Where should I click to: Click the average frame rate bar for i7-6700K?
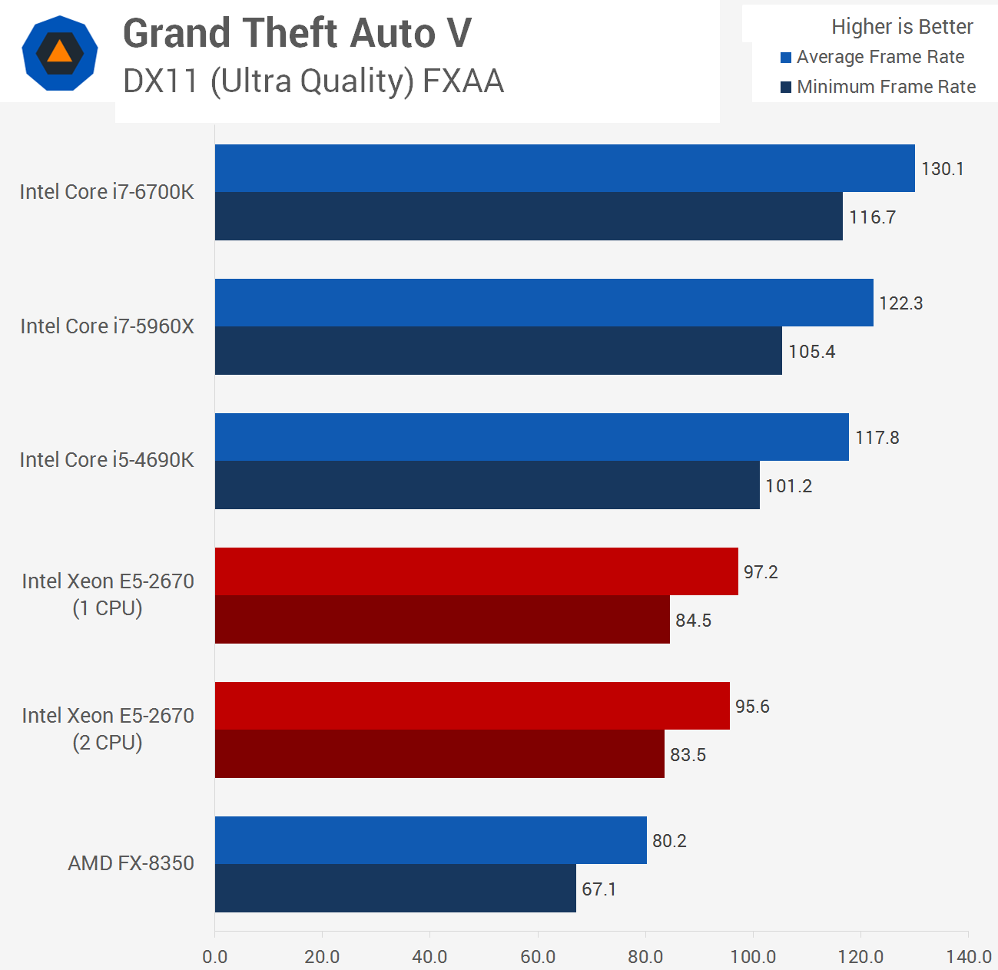click(x=565, y=168)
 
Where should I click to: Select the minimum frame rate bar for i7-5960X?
click(x=498, y=351)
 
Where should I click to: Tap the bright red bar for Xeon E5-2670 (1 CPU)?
click(x=476, y=571)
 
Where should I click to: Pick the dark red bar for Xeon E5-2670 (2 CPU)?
click(x=439, y=754)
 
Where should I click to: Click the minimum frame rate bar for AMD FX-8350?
click(x=395, y=889)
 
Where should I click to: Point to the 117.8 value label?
click(x=877, y=438)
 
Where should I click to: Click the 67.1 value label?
click(x=599, y=889)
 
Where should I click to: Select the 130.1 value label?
click(x=942, y=169)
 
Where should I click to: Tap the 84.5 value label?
click(x=693, y=621)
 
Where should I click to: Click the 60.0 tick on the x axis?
click(x=538, y=957)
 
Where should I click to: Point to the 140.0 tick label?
click(x=969, y=957)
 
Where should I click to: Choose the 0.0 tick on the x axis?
click(x=215, y=957)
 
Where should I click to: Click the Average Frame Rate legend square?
click(x=786, y=58)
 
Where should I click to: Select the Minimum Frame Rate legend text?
click(x=886, y=87)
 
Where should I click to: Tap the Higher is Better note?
click(x=902, y=27)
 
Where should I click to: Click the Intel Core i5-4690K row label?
click(x=107, y=460)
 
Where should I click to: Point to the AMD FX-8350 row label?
click(x=131, y=863)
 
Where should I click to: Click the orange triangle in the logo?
click(x=59, y=51)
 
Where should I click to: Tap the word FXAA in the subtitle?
click(x=463, y=81)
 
